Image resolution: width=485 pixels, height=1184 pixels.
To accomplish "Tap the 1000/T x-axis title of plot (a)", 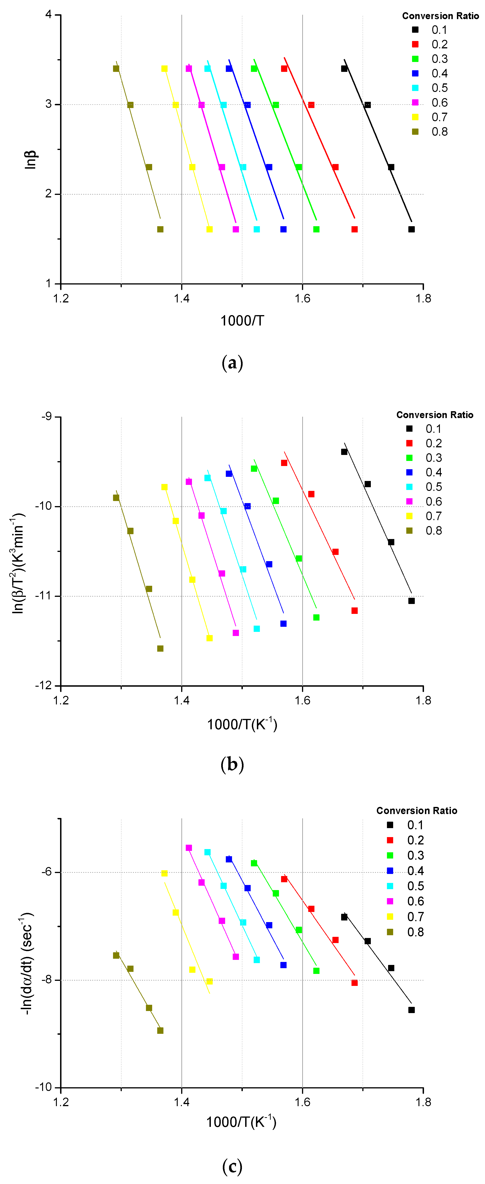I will coord(242,320).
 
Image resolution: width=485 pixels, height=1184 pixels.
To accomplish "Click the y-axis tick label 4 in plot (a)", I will coord(49,15).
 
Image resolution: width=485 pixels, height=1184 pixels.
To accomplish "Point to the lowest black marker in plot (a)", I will coord(412,229).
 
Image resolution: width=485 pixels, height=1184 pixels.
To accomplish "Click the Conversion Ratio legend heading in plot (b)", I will coord(435,415).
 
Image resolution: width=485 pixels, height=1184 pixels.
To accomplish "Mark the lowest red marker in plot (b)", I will coord(354,611).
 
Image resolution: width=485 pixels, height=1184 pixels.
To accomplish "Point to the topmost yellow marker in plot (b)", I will coord(164,487).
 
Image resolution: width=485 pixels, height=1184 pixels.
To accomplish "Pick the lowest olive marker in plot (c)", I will coord(160,1031).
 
